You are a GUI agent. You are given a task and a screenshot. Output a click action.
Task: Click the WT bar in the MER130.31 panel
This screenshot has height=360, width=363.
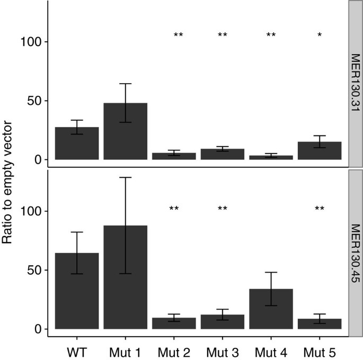[x=77, y=143]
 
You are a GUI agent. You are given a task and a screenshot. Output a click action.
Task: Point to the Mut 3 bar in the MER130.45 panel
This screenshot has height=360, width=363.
[x=222, y=322]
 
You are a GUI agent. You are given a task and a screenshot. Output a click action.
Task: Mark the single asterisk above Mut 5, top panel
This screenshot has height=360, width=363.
[x=319, y=35]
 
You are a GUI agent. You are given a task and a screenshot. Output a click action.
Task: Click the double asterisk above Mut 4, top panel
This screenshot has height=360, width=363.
[x=271, y=35]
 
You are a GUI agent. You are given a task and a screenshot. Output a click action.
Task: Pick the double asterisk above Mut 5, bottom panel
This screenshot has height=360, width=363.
[x=319, y=209]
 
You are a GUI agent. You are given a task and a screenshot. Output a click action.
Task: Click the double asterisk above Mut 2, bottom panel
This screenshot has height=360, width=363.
[x=174, y=209]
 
